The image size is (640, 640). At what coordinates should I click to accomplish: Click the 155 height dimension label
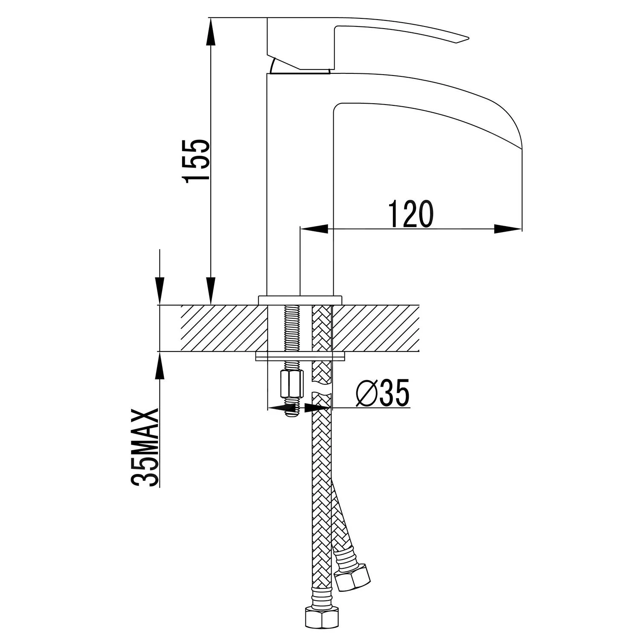click(x=195, y=160)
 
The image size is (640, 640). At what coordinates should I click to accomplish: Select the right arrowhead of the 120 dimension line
click(x=508, y=229)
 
